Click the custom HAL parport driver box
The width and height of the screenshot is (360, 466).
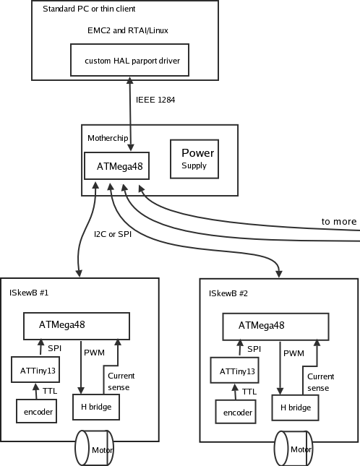[129, 60]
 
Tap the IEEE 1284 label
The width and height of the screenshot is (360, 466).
[155, 100]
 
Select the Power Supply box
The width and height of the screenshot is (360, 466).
[194, 159]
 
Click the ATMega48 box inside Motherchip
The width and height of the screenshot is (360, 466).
[117, 166]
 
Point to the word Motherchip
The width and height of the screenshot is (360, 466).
[108, 138]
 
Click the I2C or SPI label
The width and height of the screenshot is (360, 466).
[113, 234]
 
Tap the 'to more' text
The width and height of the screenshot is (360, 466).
[339, 221]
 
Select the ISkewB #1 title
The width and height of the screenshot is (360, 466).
[29, 293]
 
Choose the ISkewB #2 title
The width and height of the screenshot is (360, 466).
[228, 293]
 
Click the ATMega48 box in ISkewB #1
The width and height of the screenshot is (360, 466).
[77, 326]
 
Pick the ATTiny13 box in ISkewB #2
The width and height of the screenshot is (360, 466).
[234, 370]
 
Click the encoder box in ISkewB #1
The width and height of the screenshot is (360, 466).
[37, 411]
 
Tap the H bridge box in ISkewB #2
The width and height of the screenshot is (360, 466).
[296, 407]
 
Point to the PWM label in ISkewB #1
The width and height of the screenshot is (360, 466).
[94, 353]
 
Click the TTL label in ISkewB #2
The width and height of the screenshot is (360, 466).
[249, 392]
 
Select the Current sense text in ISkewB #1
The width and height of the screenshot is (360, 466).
[121, 381]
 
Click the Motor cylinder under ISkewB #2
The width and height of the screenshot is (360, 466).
[293, 449]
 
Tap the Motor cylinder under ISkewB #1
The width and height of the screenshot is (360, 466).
[95, 448]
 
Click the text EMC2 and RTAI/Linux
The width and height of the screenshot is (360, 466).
[128, 30]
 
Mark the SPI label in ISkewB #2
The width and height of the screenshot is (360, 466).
[254, 349]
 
